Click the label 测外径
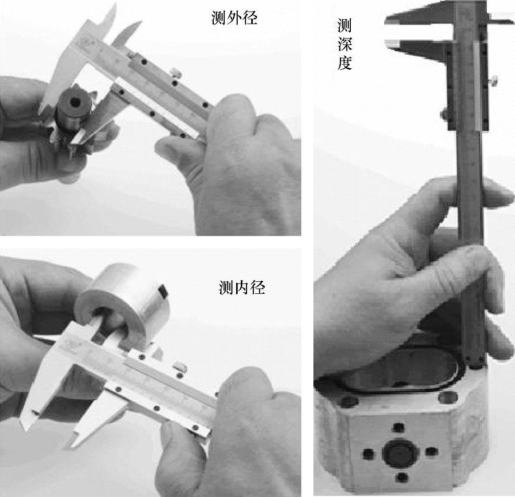coord(234,18)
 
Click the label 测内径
coord(242,288)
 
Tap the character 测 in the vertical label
coord(345,26)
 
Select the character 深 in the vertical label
coord(345,44)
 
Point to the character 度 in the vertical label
coord(345,63)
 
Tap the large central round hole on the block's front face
coord(400,453)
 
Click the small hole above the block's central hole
coord(398,428)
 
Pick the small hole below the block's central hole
coord(401,477)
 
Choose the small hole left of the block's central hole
coord(369,454)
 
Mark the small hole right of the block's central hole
coord(431,452)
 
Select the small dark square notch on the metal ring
coord(163,291)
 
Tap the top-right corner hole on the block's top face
coord(448,398)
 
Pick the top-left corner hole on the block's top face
coord(349,401)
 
